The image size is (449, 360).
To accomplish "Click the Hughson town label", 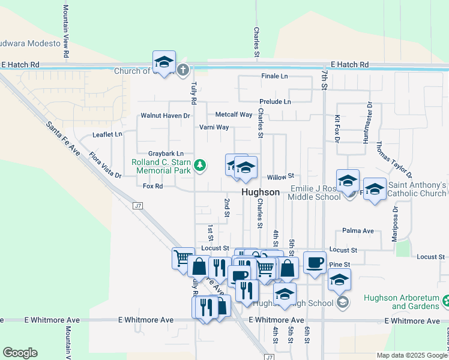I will tap(261, 192).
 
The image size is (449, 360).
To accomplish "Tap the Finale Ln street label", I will tap(274, 76).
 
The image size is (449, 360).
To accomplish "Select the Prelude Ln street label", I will tap(275, 102).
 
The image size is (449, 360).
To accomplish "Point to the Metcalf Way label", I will tap(234, 115).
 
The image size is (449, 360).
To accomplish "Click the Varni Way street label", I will tap(214, 127).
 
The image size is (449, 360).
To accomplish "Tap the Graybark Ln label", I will tap(166, 154).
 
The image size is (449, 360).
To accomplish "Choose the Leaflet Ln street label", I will tap(107, 135).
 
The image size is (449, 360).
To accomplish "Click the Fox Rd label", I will tap(153, 187).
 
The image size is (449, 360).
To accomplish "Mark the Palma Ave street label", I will tap(358, 230).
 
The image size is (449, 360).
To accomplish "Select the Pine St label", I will tap(339, 264).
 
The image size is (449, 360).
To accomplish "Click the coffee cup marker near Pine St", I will tap(315, 262).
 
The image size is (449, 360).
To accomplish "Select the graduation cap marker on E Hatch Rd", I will tap(164, 62).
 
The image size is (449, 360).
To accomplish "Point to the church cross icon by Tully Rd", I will tap(182, 70).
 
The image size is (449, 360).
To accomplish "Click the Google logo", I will tap(20, 353).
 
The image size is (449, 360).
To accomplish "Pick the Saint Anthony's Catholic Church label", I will tap(417, 190).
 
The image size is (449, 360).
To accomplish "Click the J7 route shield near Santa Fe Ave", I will tap(137, 206).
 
